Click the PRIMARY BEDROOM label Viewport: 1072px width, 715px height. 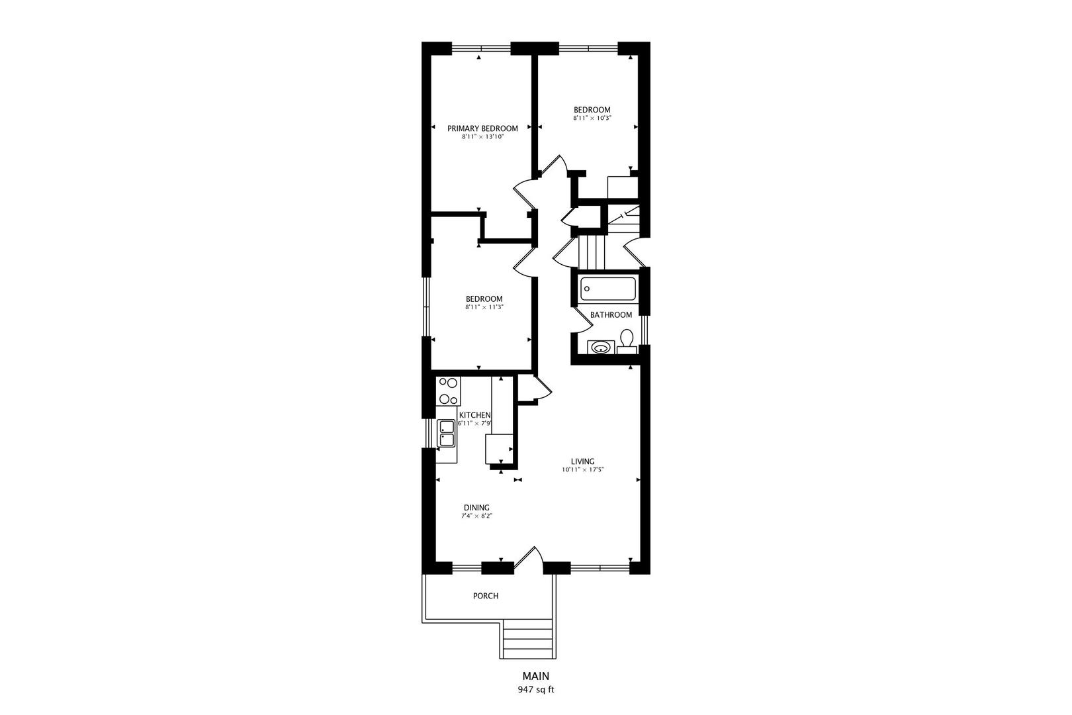[x=482, y=128]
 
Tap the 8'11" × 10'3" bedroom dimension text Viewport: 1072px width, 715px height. [x=592, y=119]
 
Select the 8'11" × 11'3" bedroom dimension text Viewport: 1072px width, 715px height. [x=484, y=307]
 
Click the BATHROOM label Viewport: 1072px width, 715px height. [x=611, y=315]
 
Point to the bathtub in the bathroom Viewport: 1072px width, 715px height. [x=608, y=289]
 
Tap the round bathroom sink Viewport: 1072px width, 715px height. [x=601, y=347]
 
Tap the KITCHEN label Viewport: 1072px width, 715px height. [x=474, y=415]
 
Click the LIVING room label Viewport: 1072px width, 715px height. [x=583, y=461]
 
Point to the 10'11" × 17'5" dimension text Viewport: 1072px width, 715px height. [x=583, y=470]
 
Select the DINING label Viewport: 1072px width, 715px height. [x=476, y=508]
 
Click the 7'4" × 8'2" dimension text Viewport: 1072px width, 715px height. [x=476, y=516]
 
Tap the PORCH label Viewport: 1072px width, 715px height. [x=486, y=596]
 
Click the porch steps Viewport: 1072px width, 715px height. [x=527, y=639]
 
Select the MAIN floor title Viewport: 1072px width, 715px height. [x=535, y=677]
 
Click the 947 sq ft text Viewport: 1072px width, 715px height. [x=535, y=690]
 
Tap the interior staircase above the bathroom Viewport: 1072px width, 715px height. [x=592, y=252]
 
